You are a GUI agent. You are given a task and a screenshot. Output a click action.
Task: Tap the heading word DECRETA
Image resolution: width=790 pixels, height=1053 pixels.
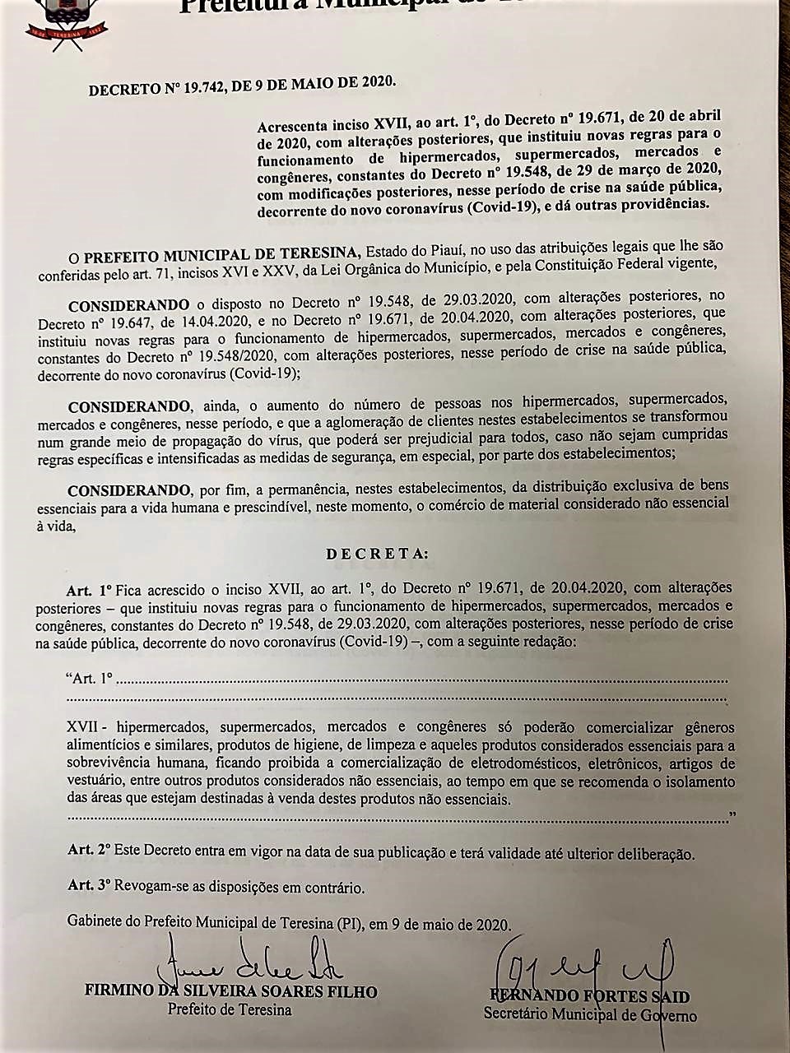pos(377,554)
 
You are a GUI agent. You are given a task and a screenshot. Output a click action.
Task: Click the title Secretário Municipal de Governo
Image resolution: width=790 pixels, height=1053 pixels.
pos(589,1015)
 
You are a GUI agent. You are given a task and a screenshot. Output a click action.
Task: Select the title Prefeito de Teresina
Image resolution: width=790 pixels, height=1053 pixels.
pos(230,1009)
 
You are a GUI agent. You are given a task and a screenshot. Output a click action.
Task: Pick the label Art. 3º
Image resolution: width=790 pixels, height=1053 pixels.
pos(89,887)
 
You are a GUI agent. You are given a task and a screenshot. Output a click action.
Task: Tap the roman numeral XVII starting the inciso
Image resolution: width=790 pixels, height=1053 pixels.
pos(84,728)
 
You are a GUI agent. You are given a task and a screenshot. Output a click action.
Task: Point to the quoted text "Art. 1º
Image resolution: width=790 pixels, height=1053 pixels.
pos(88,680)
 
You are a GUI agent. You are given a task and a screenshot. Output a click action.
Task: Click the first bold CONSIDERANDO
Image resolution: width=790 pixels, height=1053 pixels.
pos(128,304)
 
